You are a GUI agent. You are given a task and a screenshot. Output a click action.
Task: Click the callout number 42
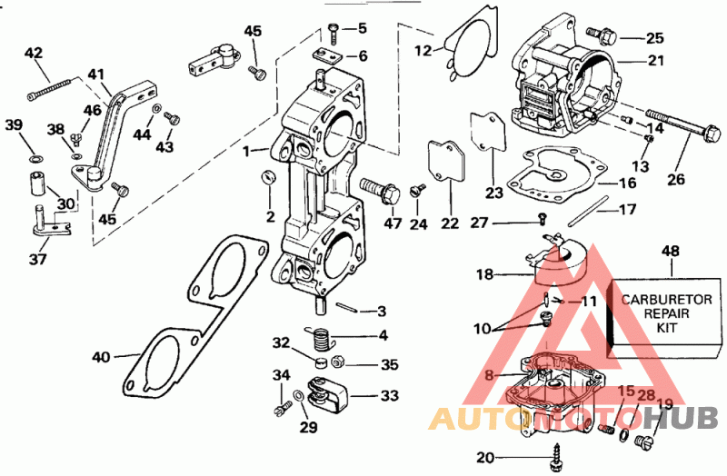[34, 54]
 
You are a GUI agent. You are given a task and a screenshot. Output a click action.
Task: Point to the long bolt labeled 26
[677, 128]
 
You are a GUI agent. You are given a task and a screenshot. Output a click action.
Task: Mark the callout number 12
[423, 51]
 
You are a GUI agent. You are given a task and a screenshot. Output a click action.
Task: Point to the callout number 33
[389, 396]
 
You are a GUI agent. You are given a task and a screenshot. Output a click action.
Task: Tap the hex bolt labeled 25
[604, 36]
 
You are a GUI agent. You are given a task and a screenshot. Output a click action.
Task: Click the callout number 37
[38, 260]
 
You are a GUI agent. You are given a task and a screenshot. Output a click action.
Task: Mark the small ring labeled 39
[35, 161]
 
